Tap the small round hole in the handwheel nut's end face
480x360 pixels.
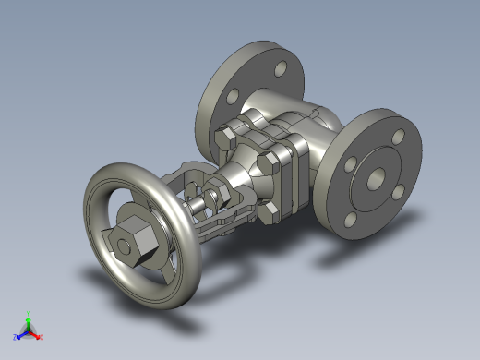119,245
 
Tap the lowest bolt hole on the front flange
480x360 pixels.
351,220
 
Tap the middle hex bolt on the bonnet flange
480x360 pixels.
268,164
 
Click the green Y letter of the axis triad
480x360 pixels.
29,313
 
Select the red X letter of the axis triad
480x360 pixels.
42,337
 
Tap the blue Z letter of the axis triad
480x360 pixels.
16,337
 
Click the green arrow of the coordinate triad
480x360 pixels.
29,322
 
